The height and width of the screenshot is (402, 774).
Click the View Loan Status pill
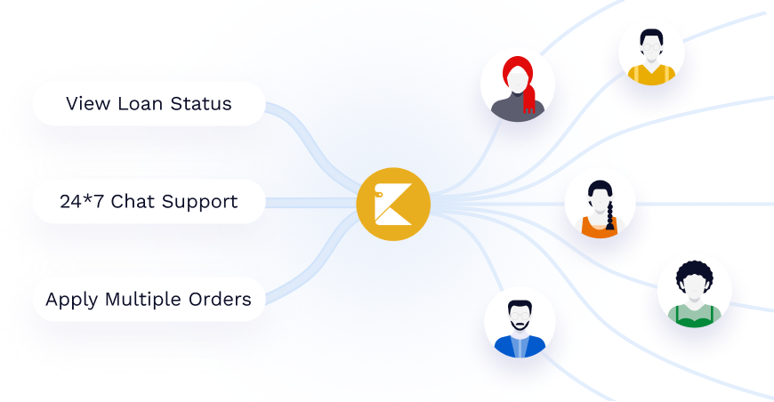click(x=149, y=104)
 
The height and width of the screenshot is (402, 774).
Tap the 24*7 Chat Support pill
click(x=149, y=202)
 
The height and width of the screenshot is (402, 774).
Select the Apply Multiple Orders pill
click(x=149, y=300)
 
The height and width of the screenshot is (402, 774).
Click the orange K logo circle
click(x=393, y=204)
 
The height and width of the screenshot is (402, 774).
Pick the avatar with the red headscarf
click(x=518, y=85)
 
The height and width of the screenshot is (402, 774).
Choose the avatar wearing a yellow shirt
click(x=651, y=52)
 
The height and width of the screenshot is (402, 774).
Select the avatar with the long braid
click(x=600, y=205)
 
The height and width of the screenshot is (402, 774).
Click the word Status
click(x=201, y=104)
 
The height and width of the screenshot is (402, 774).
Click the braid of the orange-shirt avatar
click(x=609, y=219)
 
